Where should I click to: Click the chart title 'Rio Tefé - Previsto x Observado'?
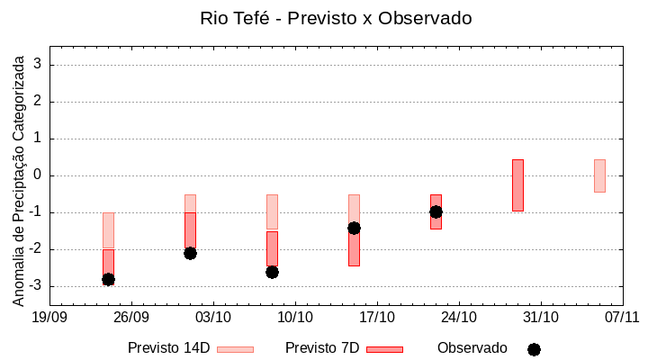(x=335, y=18)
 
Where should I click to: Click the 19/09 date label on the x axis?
(x=49, y=317)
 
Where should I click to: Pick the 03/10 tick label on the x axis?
(x=213, y=317)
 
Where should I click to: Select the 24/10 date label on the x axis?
(x=459, y=317)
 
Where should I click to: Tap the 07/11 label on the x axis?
(x=622, y=317)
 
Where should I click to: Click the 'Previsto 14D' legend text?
(x=168, y=348)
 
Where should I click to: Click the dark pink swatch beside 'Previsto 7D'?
(x=384, y=349)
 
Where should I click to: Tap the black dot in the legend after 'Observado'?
(x=534, y=349)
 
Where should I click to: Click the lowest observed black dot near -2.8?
(x=108, y=280)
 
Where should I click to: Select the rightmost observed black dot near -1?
(x=436, y=211)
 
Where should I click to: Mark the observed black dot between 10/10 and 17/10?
(x=354, y=228)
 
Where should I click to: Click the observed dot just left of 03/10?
(x=190, y=253)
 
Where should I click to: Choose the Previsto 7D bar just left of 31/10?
(x=517, y=185)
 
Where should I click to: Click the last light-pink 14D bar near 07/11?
(x=599, y=175)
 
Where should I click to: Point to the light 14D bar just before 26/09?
(x=108, y=230)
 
